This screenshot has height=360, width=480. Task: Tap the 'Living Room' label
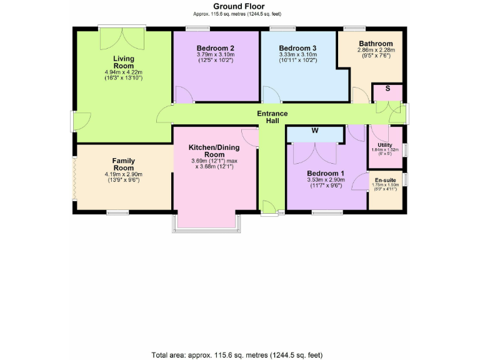pos(123,62)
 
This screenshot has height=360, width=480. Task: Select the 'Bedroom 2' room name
pos(215,48)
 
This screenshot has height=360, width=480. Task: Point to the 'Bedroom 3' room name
pos(297,48)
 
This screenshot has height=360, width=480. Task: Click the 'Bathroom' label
pos(376,44)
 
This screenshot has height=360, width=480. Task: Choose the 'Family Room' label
pos(123,164)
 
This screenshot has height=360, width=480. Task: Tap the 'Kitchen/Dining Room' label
pos(214,151)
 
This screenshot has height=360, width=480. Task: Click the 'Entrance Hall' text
pos(272,117)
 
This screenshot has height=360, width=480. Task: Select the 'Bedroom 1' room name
pos(326,173)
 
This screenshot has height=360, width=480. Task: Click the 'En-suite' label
pos(385,179)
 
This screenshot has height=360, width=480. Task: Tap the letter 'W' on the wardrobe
pos(316,131)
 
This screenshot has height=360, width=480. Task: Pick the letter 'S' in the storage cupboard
pos(387,89)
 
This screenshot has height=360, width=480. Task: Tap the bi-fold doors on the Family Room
pos(74,178)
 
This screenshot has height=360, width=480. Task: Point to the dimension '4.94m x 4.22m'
pos(123,72)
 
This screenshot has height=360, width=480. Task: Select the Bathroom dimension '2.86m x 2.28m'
pos(376,51)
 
